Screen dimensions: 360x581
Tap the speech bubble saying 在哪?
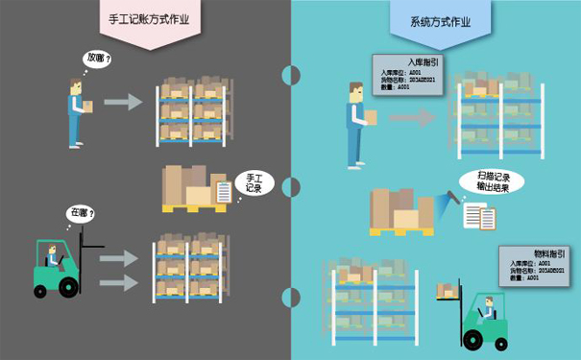coord(79,213)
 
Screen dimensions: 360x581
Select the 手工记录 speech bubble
coord(254,182)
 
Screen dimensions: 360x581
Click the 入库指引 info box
coord(408,75)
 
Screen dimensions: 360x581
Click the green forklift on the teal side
coord(484,319)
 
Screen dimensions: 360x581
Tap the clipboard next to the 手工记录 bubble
coord(223,192)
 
